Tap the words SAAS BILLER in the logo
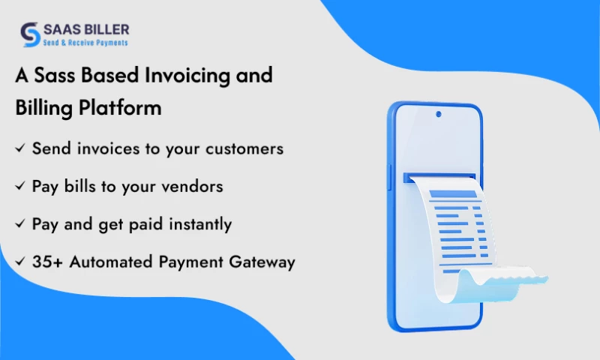pyautogui.click(x=85, y=29)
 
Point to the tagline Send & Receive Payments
pyautogui.click(x=85, y=43)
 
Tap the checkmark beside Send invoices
pyautogui.click(x=20, y=148)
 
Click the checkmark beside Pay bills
pyautogui.click(x=20, y=187)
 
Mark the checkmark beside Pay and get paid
pyautogui.click(x=20, y=224)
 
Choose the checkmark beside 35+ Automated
pyautogui.click(x=20, y=262)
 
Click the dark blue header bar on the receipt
pyautogui.click(x=452, y=194)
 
